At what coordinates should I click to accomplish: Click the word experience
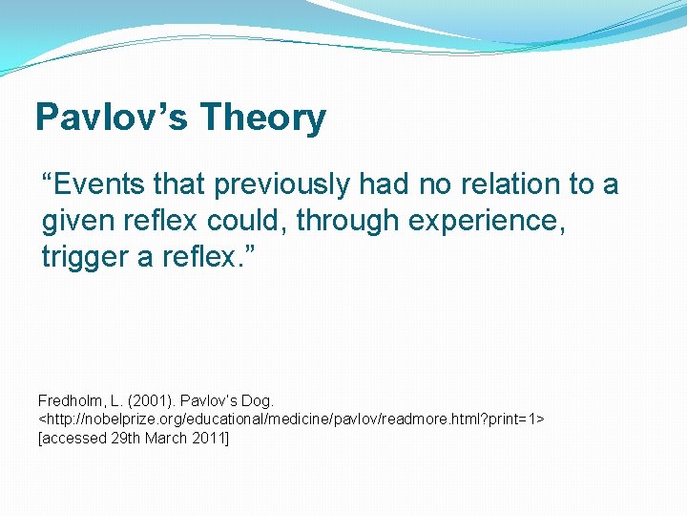click(x=489, y=222)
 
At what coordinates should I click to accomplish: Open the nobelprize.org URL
click(x=290, y=419)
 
